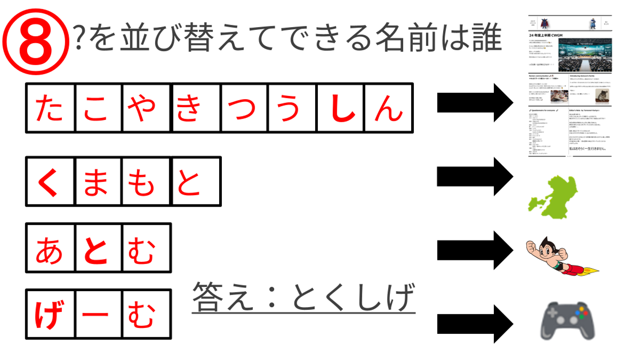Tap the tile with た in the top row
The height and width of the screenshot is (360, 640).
tap(50, 108)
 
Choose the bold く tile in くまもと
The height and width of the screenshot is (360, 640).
tap(50, 181)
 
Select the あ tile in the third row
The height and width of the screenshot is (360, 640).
tap(50, 248)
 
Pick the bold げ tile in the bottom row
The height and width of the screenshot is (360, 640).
tap(50, 315)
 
